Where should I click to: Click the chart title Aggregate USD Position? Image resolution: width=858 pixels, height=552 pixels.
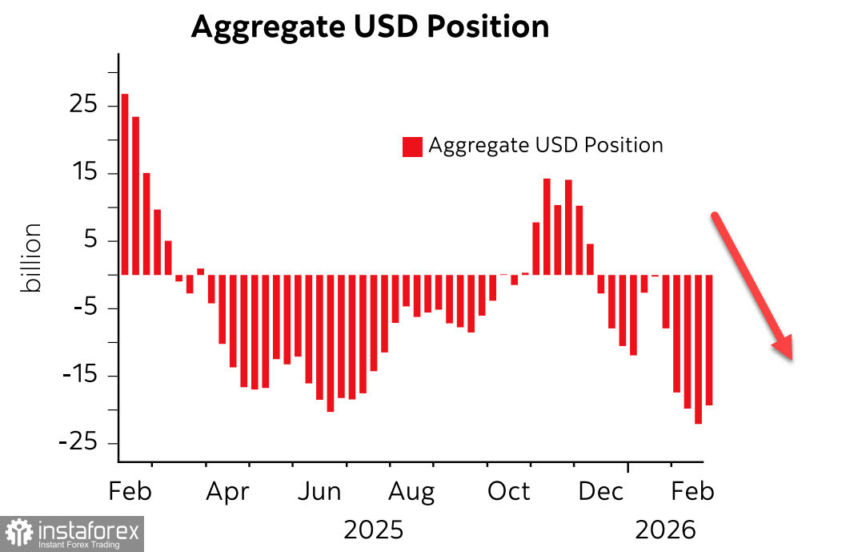coord(370,27)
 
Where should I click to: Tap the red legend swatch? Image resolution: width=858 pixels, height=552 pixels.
coord(412,147)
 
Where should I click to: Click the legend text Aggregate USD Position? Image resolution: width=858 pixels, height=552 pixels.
coord(546,145)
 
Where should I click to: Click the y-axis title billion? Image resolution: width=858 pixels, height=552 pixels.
coord(31,258)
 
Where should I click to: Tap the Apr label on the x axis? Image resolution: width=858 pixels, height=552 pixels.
coord(227,491)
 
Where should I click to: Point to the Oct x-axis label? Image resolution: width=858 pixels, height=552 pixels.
coord(509,491)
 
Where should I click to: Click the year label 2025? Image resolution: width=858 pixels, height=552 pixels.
coord(373,530)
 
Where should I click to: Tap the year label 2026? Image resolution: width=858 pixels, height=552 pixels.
coord(665,530)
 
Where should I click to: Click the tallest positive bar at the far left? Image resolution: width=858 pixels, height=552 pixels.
coord(125,184)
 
